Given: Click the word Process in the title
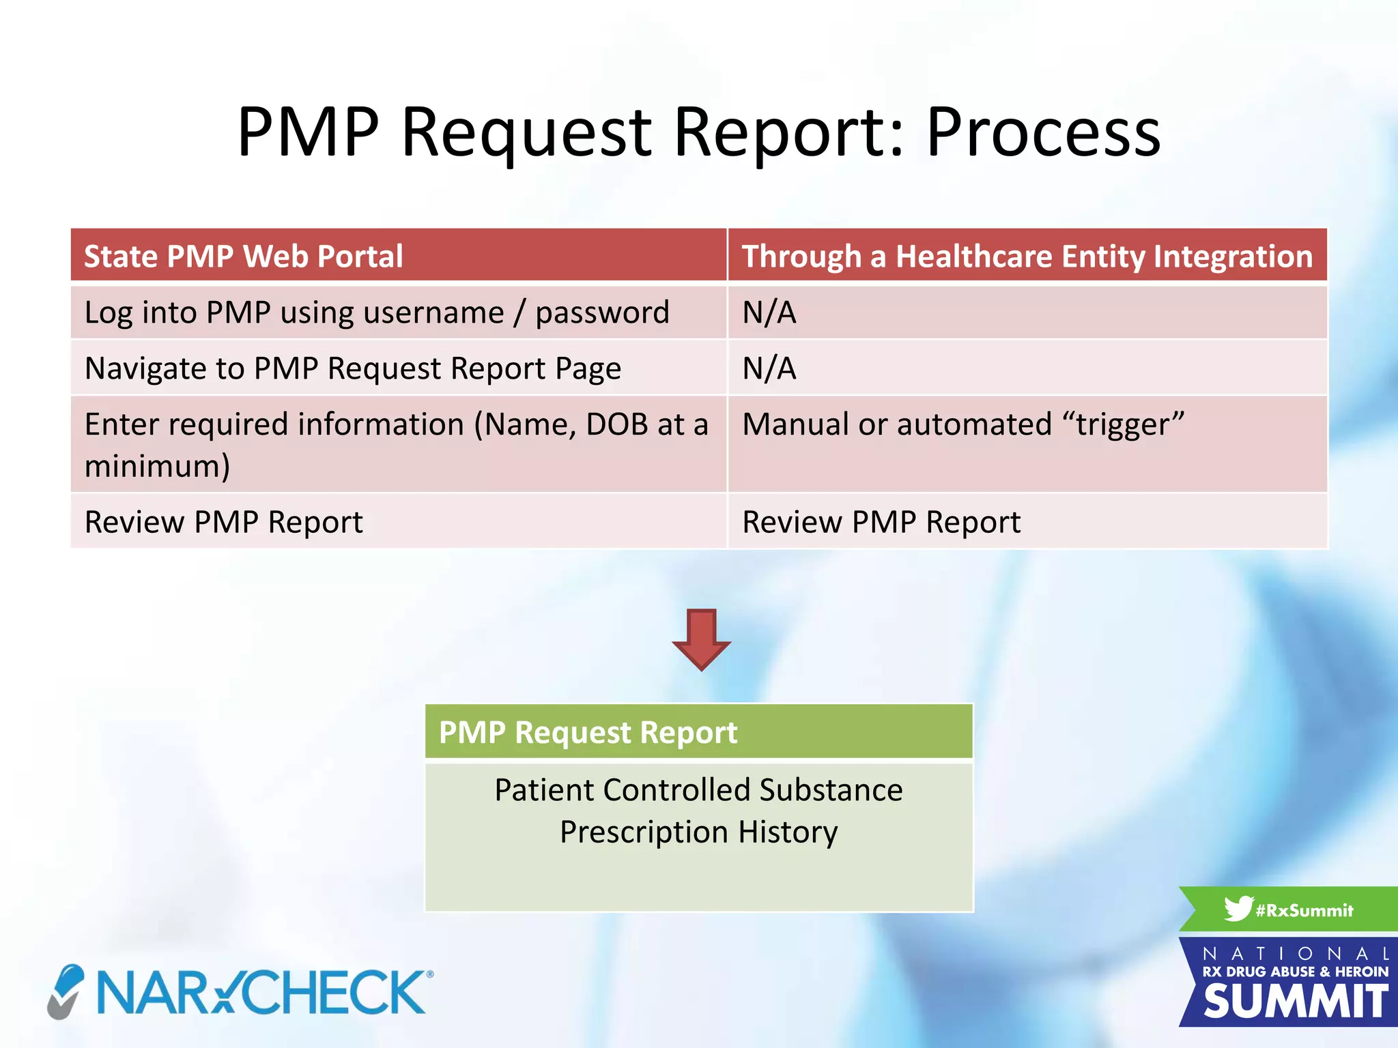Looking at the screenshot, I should (1043, 132).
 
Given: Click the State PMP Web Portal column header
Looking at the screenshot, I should (243, 257).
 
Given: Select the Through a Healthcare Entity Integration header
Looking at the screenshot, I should (1027, 257).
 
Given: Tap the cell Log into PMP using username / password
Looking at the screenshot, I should (377, 312).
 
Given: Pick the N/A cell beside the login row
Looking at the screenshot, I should (769, 312).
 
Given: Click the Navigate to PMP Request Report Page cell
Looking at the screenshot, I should (352, 368).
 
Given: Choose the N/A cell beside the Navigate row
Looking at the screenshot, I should (769, 368).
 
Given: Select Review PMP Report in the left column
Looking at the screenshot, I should (223, 522).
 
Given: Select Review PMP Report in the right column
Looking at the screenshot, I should (881, 522).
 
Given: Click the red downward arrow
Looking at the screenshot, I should (701, 639).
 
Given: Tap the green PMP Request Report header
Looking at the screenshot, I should (698, 732).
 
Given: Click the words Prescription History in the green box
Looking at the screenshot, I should (698, 832).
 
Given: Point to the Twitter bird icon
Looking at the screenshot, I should (1238, 909).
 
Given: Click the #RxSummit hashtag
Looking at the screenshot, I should (1304, 910).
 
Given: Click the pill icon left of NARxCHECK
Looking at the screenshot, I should (66, 991).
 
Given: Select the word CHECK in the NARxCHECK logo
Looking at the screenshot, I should (334, 993).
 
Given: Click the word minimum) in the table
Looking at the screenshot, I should (157, 467).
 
